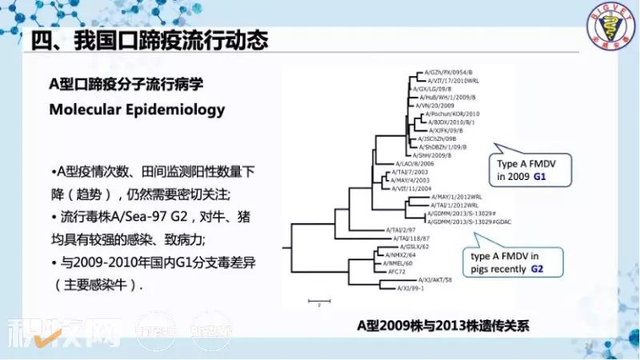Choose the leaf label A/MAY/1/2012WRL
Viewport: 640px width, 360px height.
[x=456, y=196]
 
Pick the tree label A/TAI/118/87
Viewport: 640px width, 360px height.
[x=411, y=238]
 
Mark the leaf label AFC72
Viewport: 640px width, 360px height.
[x=397, y=271]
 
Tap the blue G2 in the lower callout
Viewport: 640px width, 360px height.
[x=538, y=270]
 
